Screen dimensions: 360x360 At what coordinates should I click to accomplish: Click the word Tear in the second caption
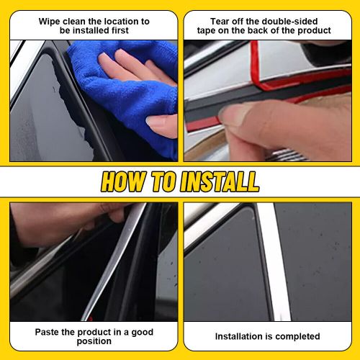[220, 22]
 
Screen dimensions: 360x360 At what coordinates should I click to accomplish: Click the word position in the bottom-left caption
[94, 342]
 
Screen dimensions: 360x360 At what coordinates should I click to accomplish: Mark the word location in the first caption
[113, 22]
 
